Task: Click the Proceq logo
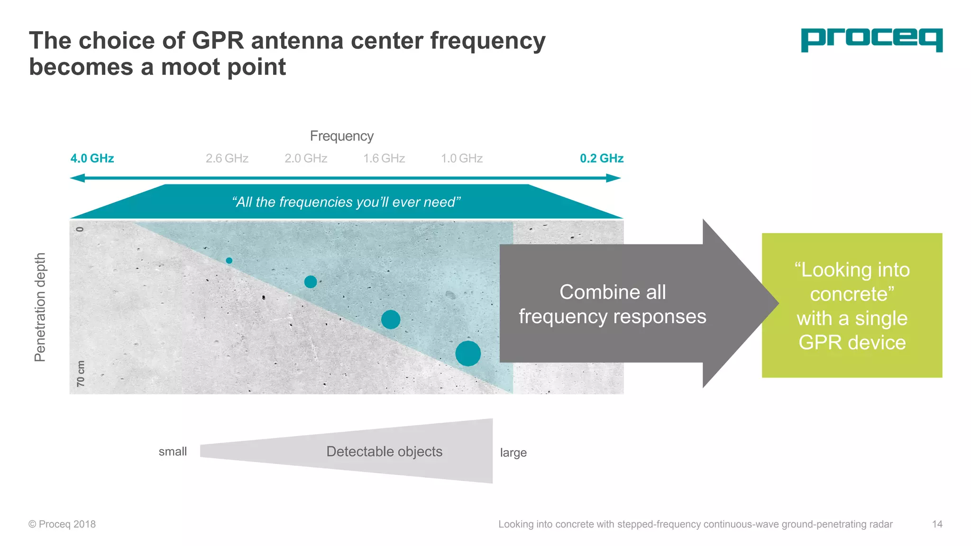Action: point(871,40)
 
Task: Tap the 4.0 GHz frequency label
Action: point(92,158)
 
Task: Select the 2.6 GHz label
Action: point(227,158)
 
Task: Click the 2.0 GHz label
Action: point(306,158)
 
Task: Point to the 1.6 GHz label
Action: point(384,158)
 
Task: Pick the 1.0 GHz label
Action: point(462,158)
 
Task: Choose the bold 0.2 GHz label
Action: point(602,158)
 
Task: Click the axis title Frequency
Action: point(342,136)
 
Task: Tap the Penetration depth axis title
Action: point(40,307)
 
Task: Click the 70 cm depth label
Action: point(81,373)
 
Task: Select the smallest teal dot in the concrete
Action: point(229,261)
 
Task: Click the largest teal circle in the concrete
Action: point(468,354)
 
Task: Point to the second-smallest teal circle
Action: point(311,282)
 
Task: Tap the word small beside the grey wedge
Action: point(173,452)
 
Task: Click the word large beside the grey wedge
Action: point(513,453)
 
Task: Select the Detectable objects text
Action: point(384,452)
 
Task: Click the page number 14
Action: point(937,524)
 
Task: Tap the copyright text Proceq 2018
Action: point(62,524)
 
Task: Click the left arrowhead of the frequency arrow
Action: point(77,178)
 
